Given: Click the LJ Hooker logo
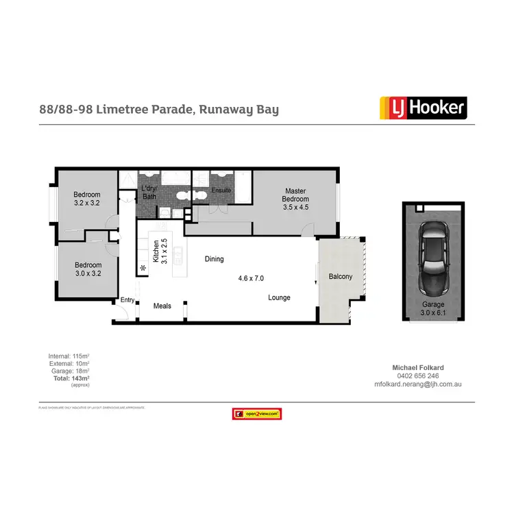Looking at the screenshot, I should tap(423, 108).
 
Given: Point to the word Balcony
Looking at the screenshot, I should tap(341, 277).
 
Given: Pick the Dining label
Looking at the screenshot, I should tap(215, 259).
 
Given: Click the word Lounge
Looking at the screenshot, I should tap(279, 297).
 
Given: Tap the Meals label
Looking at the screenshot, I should tap(162, 306).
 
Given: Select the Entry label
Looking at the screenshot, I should tap(127, 299).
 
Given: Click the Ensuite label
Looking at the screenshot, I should tap(221, 190).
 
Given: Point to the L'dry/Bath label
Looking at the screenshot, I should tap(149, 193).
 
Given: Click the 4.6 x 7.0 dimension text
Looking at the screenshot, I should tap(251, 278).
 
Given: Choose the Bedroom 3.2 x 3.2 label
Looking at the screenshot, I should tap(87, 199).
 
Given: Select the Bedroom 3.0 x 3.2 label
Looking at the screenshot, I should tap(87, 269).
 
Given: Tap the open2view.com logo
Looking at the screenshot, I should tap(257, 414).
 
